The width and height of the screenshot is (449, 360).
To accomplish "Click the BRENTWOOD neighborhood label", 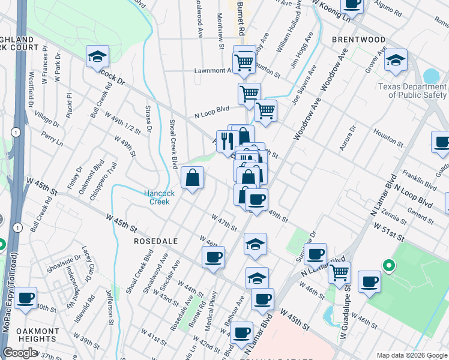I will click(x=358, y=40).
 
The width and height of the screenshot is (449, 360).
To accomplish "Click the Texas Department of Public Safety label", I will click(x=412, y=91).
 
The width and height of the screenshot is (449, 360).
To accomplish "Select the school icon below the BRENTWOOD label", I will click(x=396, y=60).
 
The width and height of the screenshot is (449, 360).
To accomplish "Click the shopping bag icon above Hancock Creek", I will click(x=192, y=178).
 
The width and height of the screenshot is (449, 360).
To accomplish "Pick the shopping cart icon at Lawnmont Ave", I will click(x=244, y=61).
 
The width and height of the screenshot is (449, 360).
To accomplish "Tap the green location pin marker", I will click(x=388, y=265).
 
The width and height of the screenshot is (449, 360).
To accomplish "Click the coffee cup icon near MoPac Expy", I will click(x=26, y=298).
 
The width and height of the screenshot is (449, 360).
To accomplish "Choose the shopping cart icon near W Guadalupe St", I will click(x=340, y=272).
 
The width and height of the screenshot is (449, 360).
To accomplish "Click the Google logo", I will click(x=20, y=353).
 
